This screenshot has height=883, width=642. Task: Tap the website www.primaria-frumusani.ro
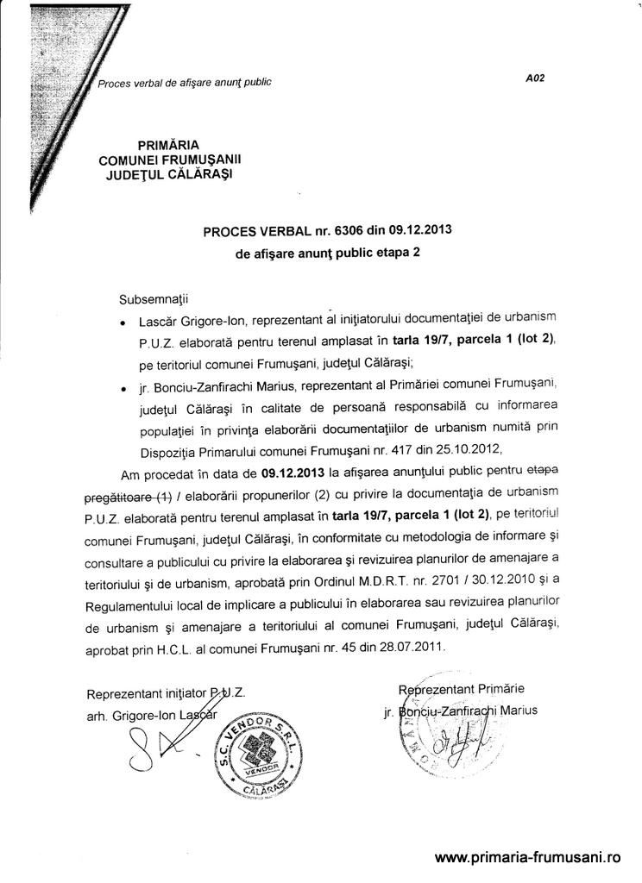528,857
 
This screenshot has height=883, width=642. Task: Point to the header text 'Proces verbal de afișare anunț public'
185,83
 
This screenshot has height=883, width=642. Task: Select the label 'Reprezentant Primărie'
461,689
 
